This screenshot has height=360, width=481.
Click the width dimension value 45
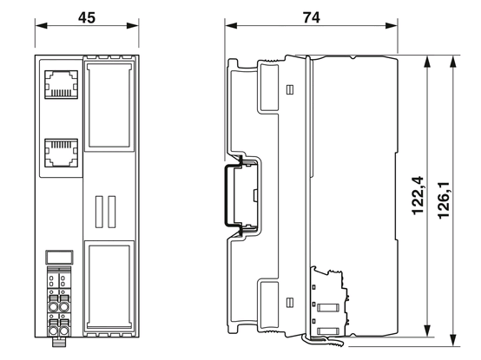[87, 17]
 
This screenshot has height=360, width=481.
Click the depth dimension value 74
[312, 17]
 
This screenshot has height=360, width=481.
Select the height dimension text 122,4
[418, 195]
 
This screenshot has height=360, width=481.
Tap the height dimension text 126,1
[444, 200]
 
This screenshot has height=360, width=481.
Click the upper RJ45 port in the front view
[61, 84]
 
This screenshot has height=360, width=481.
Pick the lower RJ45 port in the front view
[61, 153]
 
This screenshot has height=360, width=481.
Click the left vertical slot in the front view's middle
[99, 212]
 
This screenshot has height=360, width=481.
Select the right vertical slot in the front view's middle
[112, 212]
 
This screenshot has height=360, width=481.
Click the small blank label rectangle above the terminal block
[59, 258]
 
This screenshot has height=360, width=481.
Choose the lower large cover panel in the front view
[109, 286]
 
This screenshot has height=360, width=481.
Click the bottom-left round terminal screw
[53, 331]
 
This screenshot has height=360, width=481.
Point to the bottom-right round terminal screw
[64, 331]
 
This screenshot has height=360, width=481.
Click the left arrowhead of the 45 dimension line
[41, 25]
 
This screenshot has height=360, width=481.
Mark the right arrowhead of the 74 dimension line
[392, 25]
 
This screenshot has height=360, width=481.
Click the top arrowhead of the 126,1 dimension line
[452, 62]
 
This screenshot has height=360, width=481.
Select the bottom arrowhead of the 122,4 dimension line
[426, 331]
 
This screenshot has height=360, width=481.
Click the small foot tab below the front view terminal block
[59, 343]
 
